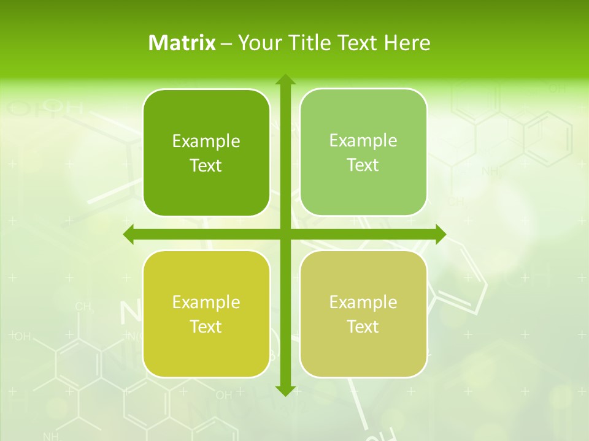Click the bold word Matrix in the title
click(x=182, y=43)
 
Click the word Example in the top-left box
click(x=206, y=141)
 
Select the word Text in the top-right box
click(x=363, y=165)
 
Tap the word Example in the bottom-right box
click(x=363, y=302)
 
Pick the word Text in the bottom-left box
click(x=206, y=326)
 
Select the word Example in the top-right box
click(x=363, y=141)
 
